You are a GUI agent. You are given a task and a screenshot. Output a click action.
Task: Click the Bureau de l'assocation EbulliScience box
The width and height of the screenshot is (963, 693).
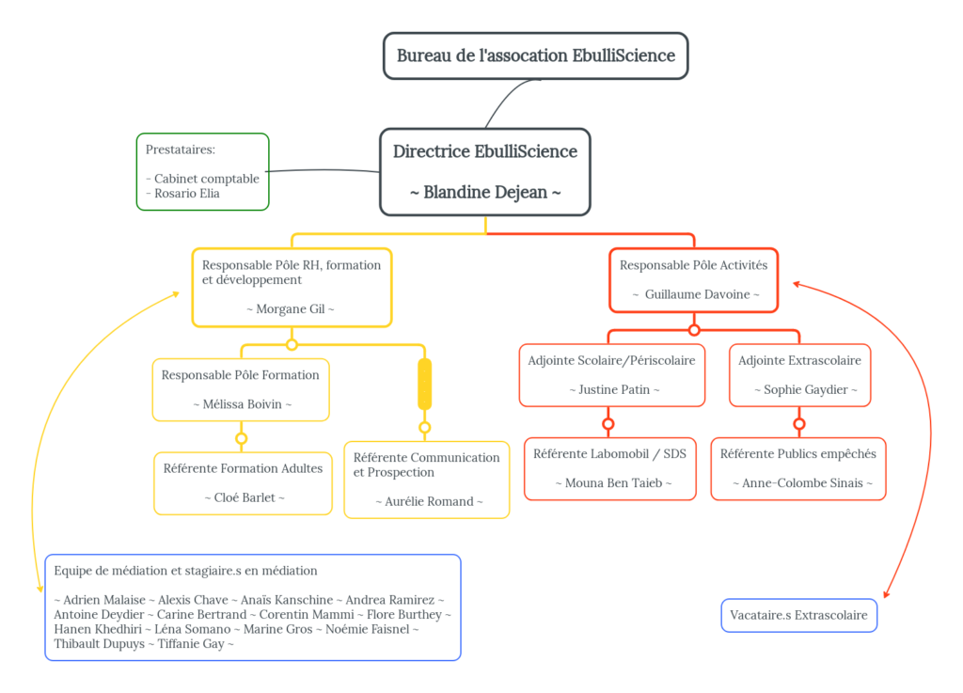pyautogui.click(x=535, y=55)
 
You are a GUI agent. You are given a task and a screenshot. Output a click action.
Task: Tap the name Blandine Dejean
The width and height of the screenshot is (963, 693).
pyautogui.click(x=485, y=192)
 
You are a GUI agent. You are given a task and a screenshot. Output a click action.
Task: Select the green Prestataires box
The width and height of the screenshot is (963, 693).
pyautogui.click(x=202, y=171)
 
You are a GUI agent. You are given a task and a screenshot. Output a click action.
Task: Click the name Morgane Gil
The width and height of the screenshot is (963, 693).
pyautogui.click(x=291, y=308)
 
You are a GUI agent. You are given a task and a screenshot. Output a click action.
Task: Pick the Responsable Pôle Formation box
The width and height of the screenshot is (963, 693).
pyautogui.click(x=241, y=389)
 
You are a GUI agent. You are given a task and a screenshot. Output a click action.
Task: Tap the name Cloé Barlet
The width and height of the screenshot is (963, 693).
pyautogui.click(x=244, y=497)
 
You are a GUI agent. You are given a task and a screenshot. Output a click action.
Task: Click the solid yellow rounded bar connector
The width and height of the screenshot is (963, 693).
pyautogui.click(x=424, y=384)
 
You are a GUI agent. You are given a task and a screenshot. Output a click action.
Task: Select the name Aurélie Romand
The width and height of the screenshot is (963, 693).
pyautogui.click(x=427, y=501)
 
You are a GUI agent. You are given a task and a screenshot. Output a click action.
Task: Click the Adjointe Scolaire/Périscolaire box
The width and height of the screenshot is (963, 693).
pyautogui.click(x=611, y=374)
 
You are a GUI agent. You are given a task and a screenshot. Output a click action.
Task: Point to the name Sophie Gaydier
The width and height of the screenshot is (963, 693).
pyautogui.click(x=805, y=389)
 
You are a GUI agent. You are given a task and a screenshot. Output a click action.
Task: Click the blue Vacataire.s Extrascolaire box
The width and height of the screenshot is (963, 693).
pyautogui.click(x=798, y=616)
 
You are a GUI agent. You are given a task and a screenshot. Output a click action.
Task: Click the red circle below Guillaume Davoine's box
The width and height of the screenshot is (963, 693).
pyautogui.click(x=694, y=330)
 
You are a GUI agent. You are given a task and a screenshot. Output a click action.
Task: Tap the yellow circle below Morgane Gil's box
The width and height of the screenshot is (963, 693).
pyautogui.click(x=292, y=344)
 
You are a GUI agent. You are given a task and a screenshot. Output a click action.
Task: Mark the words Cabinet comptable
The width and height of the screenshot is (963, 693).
pyautogui.click(x=206, y=179)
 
